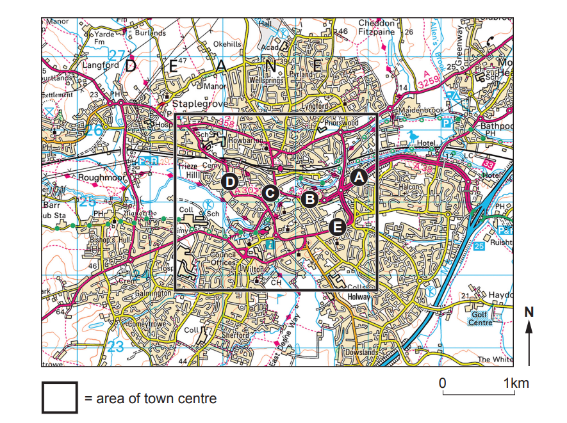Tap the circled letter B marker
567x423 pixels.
[310, 199]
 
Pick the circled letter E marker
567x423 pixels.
[338, 227]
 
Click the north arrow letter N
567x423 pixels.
[529, 312]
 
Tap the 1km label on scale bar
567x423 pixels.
[516, 383]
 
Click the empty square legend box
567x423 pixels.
[60, 398]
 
